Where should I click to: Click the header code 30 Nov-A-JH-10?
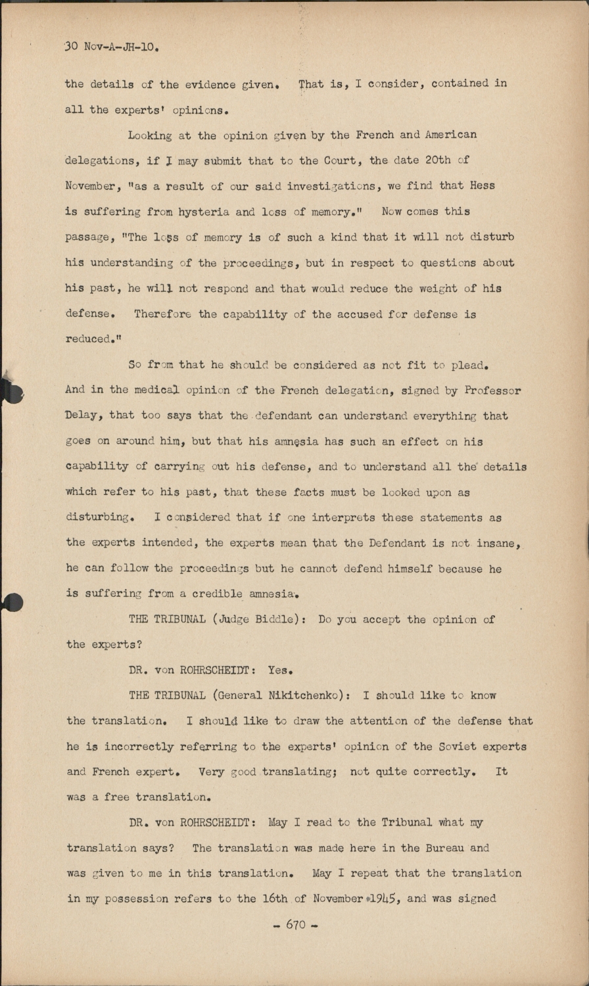click(112, 47)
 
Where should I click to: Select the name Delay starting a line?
click(83, 415)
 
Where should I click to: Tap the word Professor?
click(492, 390)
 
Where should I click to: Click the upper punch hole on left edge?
click(11, 392)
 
